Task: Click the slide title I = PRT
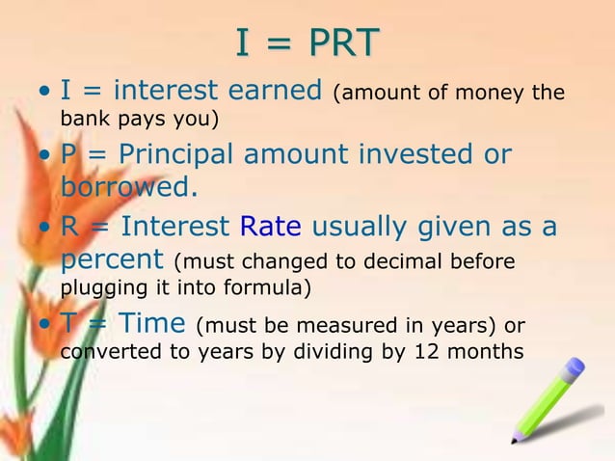(x=307, y=42)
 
